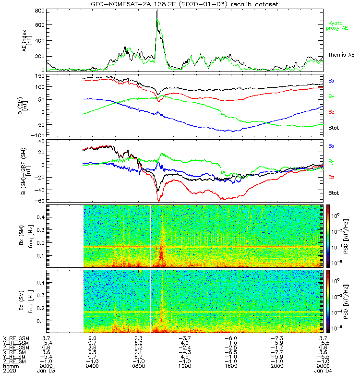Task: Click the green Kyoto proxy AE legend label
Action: (338, 25)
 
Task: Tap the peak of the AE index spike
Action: (157, 11)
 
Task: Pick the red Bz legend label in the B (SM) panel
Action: (331, 112)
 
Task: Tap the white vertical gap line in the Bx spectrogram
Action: (150, 235)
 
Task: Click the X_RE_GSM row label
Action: (15, 338)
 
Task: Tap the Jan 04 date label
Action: (322, 371)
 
